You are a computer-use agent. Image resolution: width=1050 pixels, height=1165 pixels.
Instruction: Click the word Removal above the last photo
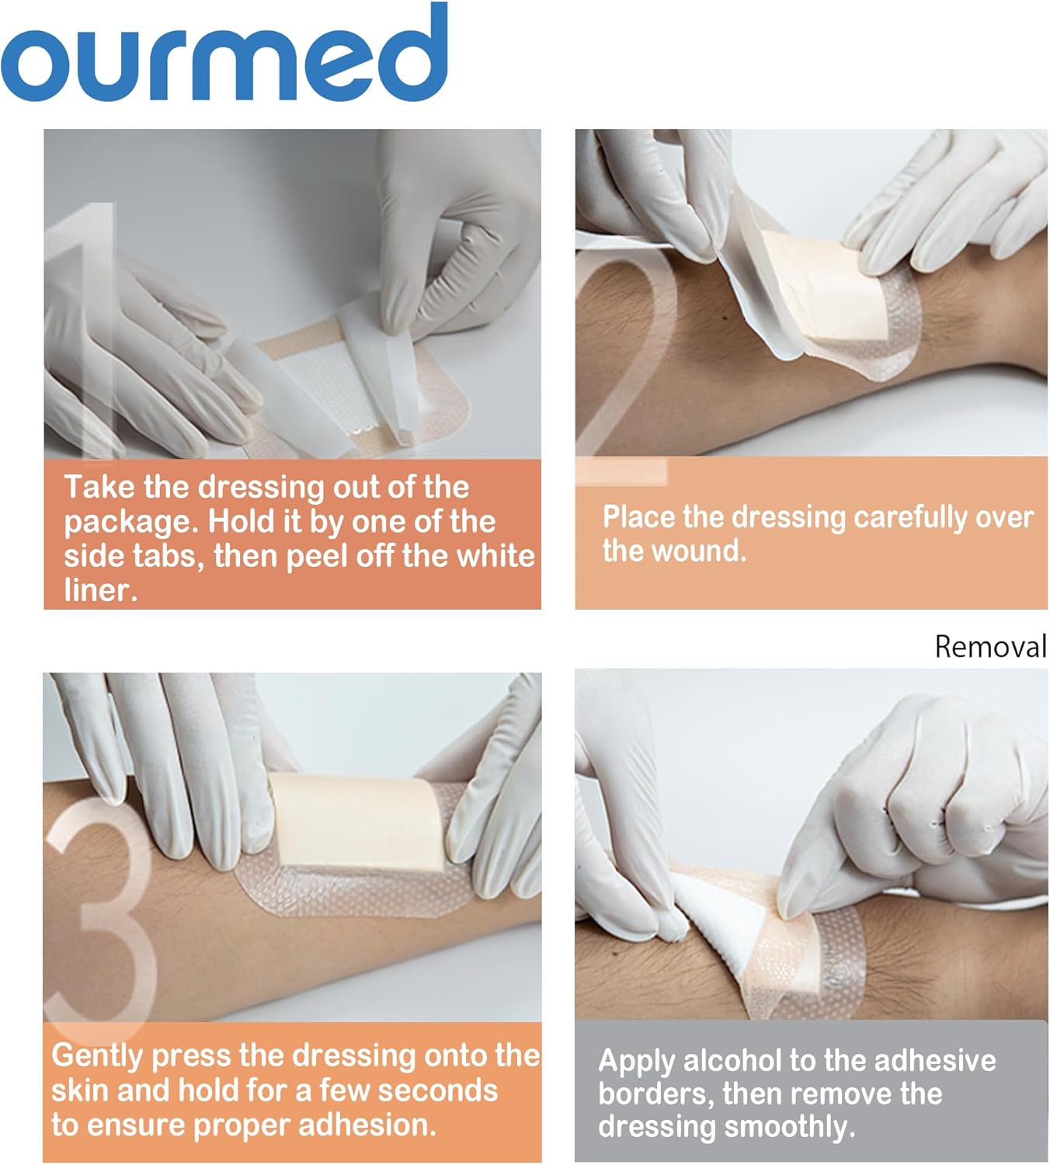tap(990, 647)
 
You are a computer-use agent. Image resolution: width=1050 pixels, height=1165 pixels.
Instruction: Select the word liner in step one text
tap(99, 590)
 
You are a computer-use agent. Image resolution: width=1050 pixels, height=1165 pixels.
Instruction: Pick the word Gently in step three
tap(98, 1056)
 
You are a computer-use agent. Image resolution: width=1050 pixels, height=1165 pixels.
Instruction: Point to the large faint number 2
tap(621, 349)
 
